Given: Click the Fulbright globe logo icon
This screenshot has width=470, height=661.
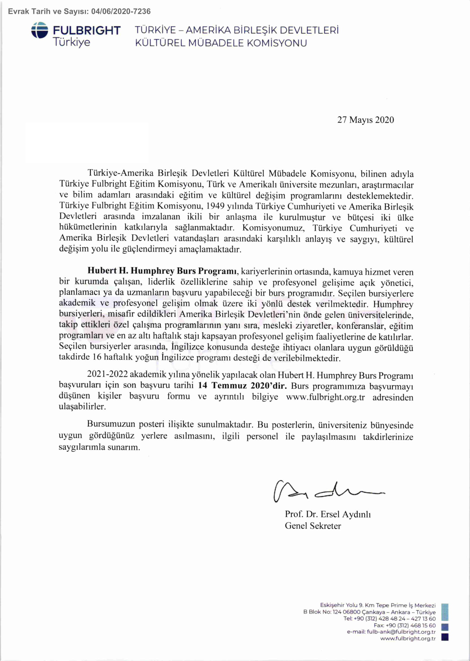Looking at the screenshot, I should (x=40, y=30).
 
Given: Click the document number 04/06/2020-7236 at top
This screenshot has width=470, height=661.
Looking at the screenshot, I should (x=121, y=12).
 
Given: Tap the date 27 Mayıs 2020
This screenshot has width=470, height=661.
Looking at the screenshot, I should (x=366, y=120).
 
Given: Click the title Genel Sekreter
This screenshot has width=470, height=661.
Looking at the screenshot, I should (x=313, y=526).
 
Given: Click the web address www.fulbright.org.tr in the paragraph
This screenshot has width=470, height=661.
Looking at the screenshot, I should (x=325, y=397).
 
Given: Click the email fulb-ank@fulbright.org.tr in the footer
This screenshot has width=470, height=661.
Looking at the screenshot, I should (x=401, y=632).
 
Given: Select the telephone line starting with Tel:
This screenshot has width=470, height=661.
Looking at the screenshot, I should (x=389, y=619).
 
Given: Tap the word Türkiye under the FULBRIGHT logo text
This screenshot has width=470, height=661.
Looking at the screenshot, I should (x=72, y=42).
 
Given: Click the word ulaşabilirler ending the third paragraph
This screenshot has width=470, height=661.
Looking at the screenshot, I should (x=82, y=407).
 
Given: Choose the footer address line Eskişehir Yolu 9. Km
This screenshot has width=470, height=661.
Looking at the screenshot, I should (x=378, y=605).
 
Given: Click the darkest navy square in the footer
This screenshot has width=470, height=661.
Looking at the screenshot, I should (x=445, y=637).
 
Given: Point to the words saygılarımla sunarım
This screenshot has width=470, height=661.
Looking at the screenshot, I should (x=99, y=447).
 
